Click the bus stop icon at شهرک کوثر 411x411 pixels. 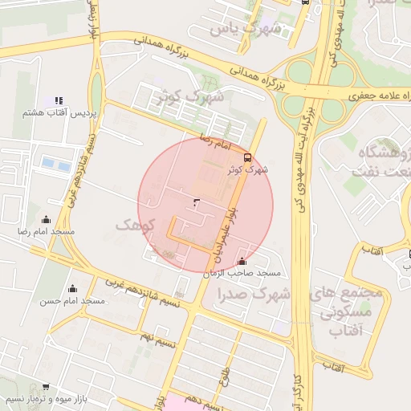click(247, 157)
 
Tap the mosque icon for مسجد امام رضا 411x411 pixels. click(46, 219)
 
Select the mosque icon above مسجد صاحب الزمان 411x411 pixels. click(242, 261)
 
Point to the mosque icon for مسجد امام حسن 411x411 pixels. click(73, 288)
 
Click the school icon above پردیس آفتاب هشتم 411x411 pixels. click(59, 101)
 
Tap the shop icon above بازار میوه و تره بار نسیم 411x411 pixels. click(45, 387)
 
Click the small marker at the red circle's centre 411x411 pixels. click(197, 202)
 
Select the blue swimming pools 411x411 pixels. click(56, 165)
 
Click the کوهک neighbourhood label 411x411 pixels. click(133, 225)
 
